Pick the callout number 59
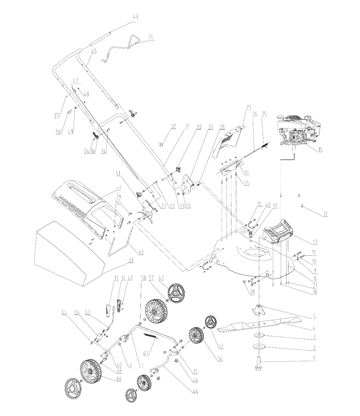(x=151, y=37)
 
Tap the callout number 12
(x=325, y=214)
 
